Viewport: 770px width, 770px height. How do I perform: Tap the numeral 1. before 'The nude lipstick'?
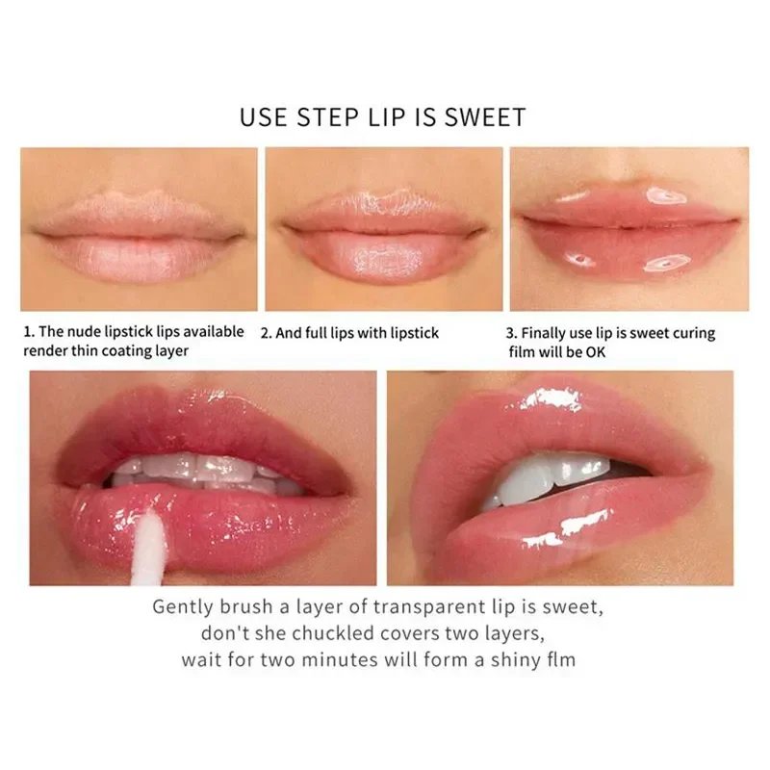tap(29, 332)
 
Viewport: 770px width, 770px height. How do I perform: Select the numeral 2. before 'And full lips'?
tap(266, 333)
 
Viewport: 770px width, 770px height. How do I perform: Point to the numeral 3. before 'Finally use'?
tap(512, 333)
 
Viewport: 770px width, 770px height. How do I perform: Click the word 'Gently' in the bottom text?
tap(184, 607)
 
